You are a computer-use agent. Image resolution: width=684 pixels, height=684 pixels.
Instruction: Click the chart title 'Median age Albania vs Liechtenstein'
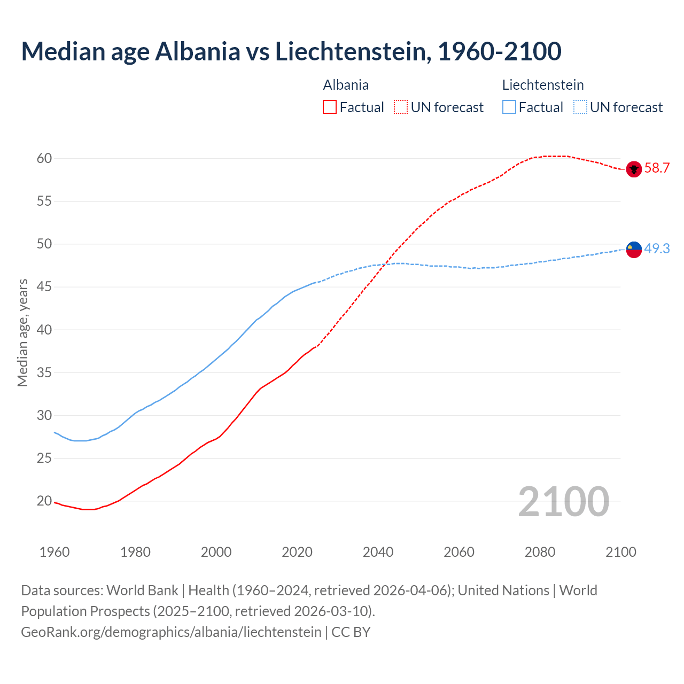coord(291,51)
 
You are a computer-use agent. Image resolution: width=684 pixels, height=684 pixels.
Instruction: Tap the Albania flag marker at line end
coord(633,169)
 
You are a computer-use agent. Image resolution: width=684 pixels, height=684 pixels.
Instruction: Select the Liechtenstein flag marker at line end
coord(633,249)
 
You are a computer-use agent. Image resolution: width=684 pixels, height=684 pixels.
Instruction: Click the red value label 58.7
coord(657,168)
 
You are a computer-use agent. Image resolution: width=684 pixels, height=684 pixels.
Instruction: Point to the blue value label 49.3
coord(657,248)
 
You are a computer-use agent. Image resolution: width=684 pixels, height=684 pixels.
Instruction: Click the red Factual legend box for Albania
coord(330,107)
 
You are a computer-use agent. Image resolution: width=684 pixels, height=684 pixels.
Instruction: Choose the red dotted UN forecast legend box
coord(401,107)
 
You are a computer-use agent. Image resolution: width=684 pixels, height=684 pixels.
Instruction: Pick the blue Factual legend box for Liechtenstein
coord(509,107)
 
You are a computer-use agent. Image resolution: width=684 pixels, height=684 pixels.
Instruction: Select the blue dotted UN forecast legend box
coord(580,107)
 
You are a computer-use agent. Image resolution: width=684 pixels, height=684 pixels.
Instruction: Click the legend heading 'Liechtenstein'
coord(542,85)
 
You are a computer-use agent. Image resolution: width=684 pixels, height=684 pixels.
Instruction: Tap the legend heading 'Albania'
coord(346,85)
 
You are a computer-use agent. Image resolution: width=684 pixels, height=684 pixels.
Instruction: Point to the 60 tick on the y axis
coord(44,158)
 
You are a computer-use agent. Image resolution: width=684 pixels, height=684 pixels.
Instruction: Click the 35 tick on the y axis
coord(44,372)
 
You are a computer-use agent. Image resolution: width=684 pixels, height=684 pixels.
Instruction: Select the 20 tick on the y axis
coord(44,501)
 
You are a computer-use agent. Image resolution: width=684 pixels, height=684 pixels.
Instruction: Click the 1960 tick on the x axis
coord(55,552)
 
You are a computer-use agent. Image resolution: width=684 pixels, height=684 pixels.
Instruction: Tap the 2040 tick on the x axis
coord(378,552)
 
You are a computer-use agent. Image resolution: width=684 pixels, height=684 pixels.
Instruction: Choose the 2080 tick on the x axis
coord(540,552)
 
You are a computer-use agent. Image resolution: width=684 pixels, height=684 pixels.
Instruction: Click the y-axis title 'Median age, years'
coord(22,332)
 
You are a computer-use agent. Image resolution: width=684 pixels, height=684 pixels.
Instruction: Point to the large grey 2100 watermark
coord(563,502)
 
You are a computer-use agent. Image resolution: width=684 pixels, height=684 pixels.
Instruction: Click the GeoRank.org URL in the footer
coord(171,632)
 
